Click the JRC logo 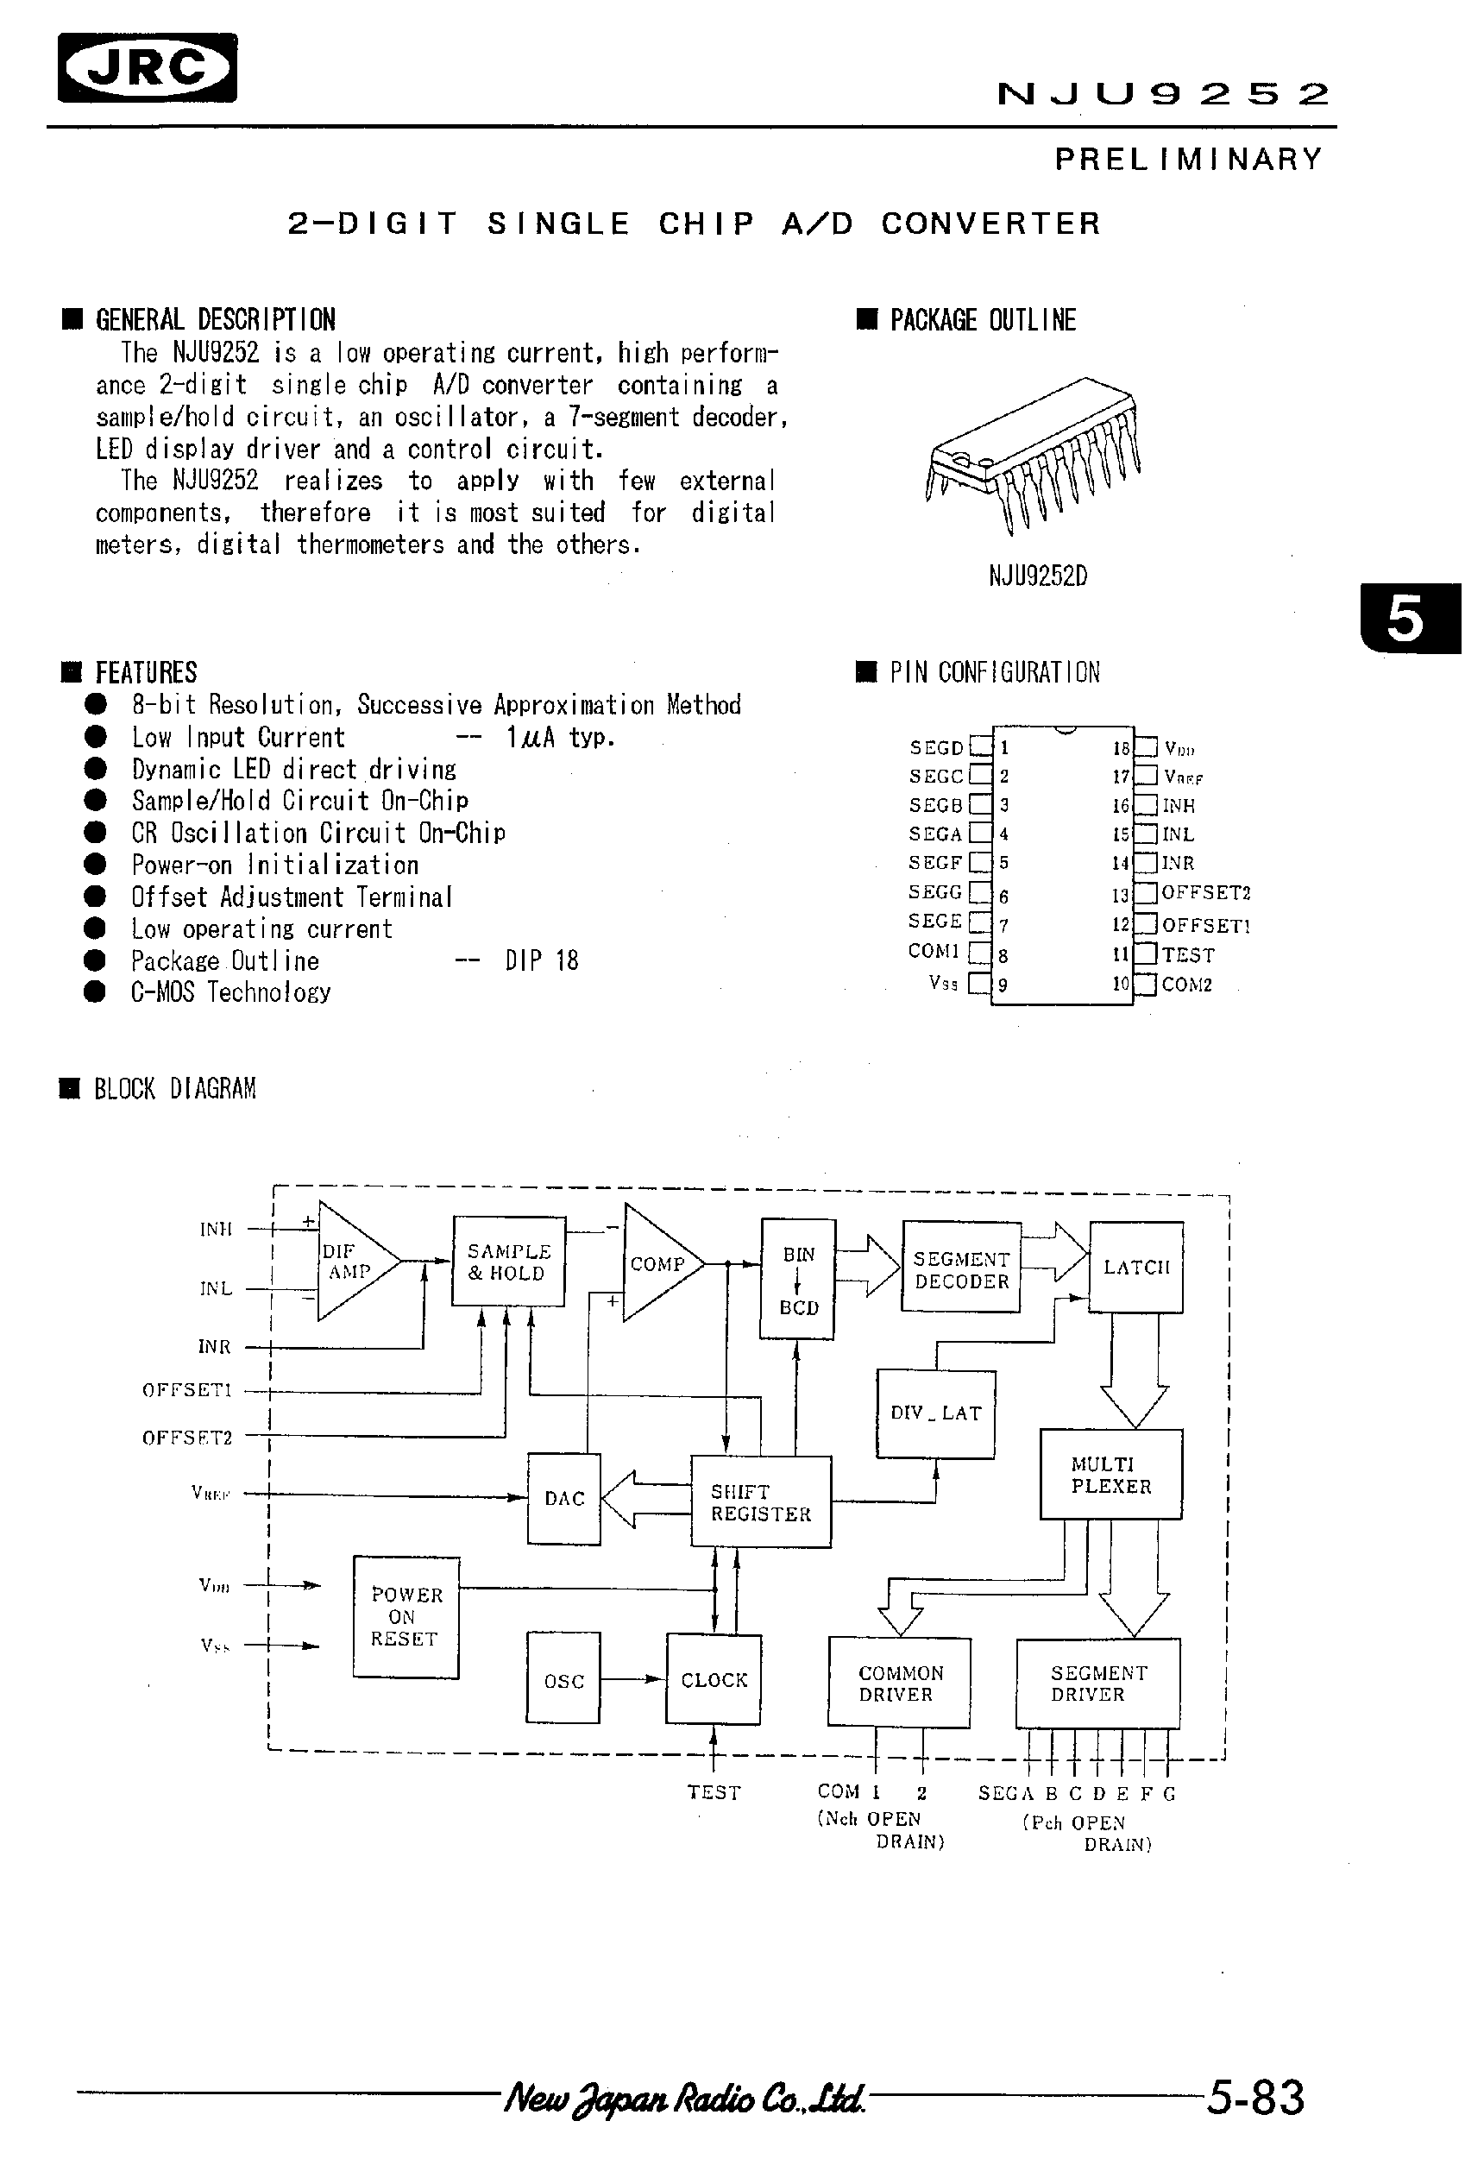click(148, 67)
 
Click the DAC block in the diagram click(563, 1498)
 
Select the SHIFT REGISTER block click(760, 1501)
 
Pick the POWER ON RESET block click(406, 1617)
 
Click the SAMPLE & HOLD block click(509, 1262)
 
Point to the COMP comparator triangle click(657, 1263)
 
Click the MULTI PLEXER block click(1111, 1475)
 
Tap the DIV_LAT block click(935, 1413)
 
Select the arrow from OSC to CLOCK click(632, 1679)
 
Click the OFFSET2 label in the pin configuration click(1205, 892)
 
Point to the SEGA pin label click(935, 834)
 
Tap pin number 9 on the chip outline click(1003, 985)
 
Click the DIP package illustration click(1034, 453)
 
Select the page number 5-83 click(1254, 2098)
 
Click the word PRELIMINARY click(1188, 160)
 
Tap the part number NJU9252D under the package click(1038, 576)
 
